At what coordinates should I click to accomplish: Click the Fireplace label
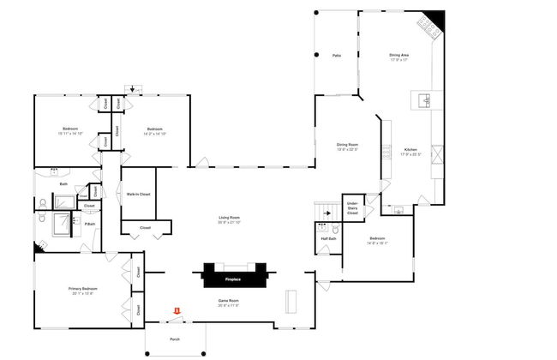point(233,279)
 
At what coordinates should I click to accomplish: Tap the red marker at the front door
point(177,310)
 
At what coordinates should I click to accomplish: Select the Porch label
point(175,339)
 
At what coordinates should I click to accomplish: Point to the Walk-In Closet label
point(139,195)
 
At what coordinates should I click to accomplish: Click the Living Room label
point(227,218)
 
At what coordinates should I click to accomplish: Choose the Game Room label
point(228,301)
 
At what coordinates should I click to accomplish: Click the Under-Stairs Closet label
point(352,207)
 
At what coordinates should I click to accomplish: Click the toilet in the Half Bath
point(337,230)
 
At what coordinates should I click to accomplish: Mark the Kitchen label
point(410,150)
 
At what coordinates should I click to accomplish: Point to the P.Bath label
point(88,224)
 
